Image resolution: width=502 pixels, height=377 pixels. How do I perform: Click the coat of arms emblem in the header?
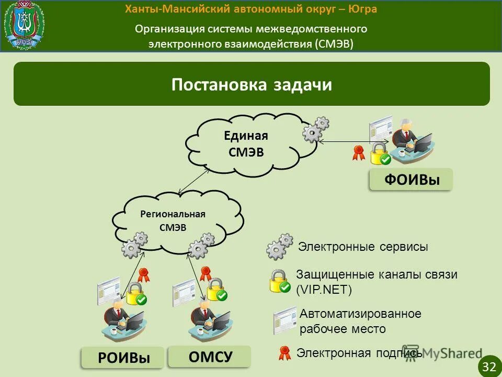coord(24,25)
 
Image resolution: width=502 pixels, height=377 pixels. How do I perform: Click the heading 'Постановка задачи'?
coord(252,85)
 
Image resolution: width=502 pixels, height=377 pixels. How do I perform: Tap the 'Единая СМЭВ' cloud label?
coord(246,144)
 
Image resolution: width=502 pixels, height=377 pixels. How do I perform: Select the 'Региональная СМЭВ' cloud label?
coord(173,220)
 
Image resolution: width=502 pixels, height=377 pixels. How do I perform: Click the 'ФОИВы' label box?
coord(411,180)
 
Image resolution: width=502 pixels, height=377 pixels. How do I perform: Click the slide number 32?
coord(489,367)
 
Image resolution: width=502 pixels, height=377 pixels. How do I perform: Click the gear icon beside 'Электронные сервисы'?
coord(280,247)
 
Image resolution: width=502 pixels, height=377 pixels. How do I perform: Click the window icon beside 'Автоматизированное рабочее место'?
coord(284,320)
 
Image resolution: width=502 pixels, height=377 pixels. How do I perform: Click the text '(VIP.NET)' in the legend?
coord(324,290)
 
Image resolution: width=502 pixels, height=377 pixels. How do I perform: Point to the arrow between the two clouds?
coord(190,182)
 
